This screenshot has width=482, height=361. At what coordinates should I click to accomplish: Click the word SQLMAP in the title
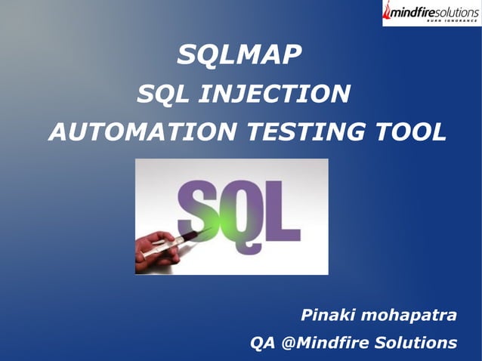point(239,54)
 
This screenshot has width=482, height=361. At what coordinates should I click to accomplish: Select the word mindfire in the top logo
point(414,11)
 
